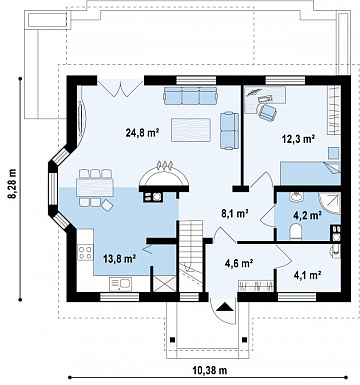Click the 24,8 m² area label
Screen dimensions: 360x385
142,133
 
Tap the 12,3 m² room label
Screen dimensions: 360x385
299,139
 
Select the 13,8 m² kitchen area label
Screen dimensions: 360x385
119,259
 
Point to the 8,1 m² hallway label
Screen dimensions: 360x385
236,213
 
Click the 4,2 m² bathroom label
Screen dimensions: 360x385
307,215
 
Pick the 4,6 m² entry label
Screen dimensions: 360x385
238,263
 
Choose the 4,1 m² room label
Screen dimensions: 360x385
307,275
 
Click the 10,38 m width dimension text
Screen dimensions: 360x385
209,370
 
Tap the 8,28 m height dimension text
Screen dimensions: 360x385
13,184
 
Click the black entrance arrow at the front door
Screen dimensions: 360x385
224,306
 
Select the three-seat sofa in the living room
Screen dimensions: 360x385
190,96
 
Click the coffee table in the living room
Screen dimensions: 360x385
191,130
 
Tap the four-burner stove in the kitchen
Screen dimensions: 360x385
85,252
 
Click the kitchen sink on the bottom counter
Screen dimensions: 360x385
120,284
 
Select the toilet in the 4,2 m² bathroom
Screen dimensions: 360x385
295,231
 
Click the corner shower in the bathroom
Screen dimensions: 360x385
330,203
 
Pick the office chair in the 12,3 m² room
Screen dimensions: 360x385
268,111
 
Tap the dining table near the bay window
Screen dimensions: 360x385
95,187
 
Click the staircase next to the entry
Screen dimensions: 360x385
191,255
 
